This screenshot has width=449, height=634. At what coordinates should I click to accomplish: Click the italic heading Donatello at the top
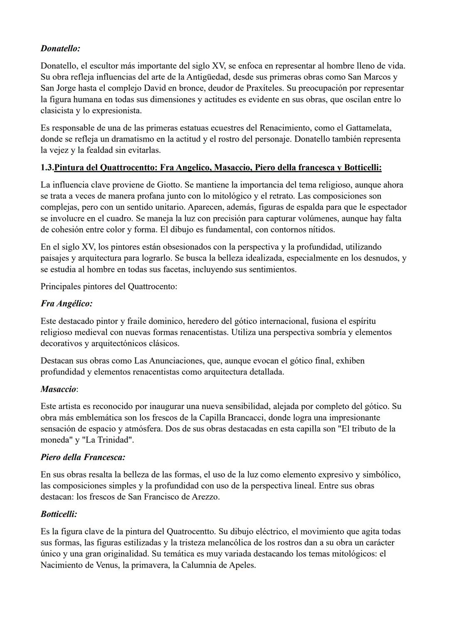60,49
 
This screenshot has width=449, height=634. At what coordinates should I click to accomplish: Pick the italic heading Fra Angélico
67,304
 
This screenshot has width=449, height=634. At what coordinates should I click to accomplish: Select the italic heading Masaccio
59,389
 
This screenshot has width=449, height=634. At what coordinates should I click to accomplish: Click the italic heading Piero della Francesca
83,457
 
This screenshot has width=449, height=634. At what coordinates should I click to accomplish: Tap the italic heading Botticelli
59,514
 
